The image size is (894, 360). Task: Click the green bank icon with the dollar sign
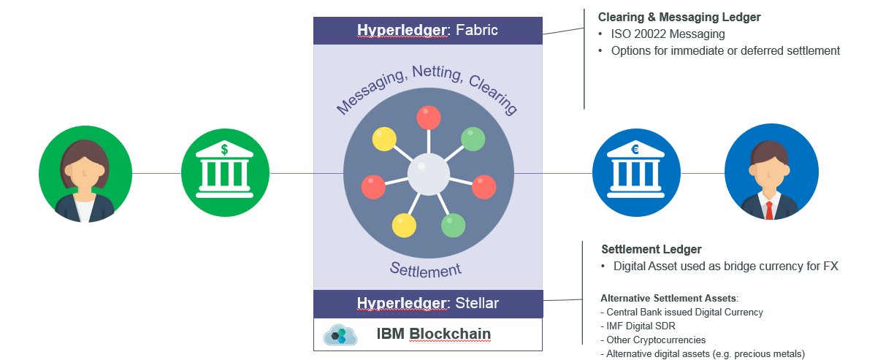pyautogui.click(x=225, y=173)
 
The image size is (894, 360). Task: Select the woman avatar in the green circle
pyautogui.click(x=85, y=173)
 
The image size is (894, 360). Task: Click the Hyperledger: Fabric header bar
pyautogui.click(x=427, y=31)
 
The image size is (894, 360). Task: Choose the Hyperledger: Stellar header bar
pyautogui.click(x=427, y=303)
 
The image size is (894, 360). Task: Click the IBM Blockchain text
pyautogui.click(x=433, y=334)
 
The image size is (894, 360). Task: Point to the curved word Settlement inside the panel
pyautogui.click(x=425, y=269)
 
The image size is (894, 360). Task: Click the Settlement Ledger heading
pyautogui.click(x=651, y=250)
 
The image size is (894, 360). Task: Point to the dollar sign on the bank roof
pyautogui.click(x=224, y=149)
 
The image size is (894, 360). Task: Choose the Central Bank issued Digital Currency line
pyautogui.click(x=684, y=312)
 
